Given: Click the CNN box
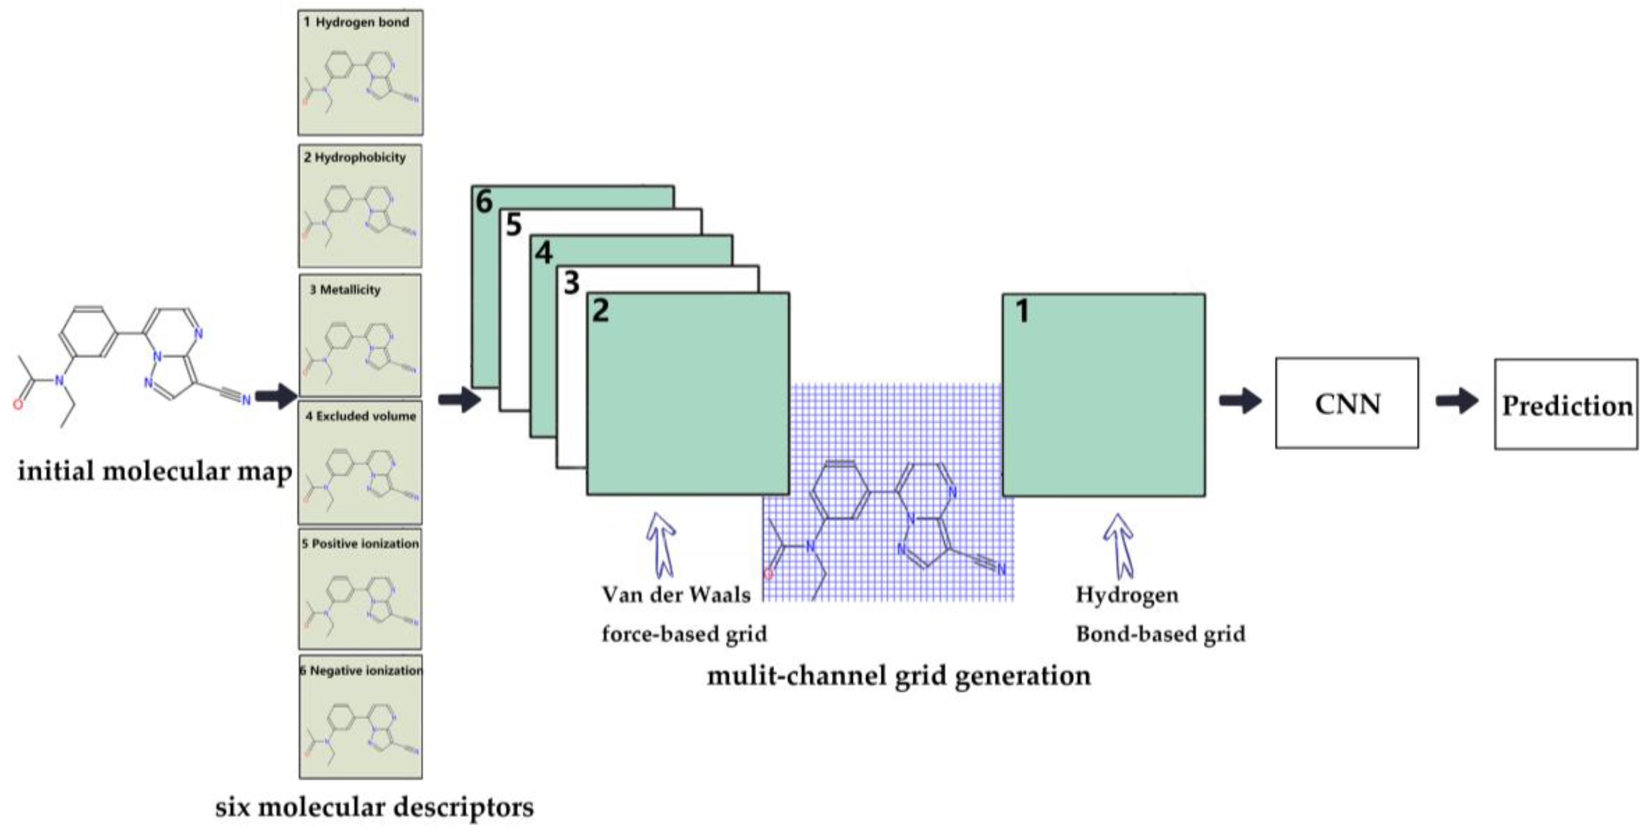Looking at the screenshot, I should pos(1346,403).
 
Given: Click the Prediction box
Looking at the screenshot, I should pos(1566,404).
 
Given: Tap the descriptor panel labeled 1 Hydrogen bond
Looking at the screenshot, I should pos(360,72).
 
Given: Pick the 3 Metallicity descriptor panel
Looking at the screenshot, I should pos(360,335).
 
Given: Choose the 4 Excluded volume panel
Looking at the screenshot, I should pos(360,462).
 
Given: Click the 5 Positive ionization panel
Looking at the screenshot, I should pos(360,589).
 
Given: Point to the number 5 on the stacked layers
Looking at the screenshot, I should pos(513,225).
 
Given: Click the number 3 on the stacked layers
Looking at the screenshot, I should pos(571,282).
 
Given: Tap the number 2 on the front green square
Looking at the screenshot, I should pos(600,311).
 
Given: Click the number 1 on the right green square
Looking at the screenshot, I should pos(1022,312).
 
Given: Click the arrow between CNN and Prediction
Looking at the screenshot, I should pos(1456,401).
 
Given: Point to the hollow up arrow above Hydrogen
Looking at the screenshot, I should pos(1118,545).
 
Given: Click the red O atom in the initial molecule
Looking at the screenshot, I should pos(18,404).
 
